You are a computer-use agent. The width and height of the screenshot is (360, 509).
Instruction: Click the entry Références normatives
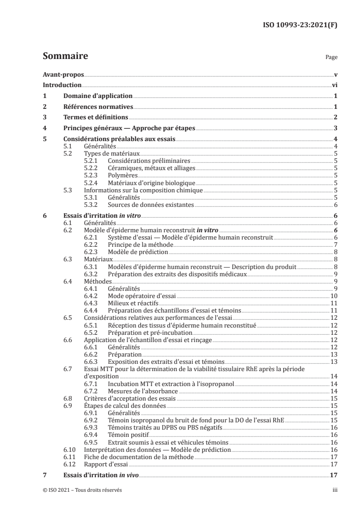98,107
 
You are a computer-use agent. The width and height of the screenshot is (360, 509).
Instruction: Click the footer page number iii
334,490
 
